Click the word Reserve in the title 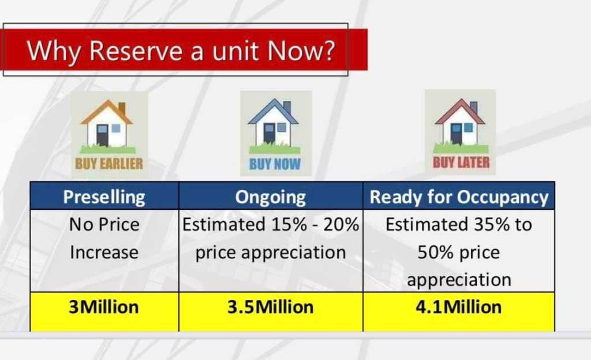136,50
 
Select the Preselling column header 104,196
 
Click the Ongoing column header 271,196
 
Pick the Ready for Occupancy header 459,196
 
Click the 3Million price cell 104,312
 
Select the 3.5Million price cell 271,312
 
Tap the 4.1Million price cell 459,312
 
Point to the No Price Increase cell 104,250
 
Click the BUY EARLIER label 109,164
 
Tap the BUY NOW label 275,164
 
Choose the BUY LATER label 461,162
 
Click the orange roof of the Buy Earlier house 107,111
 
